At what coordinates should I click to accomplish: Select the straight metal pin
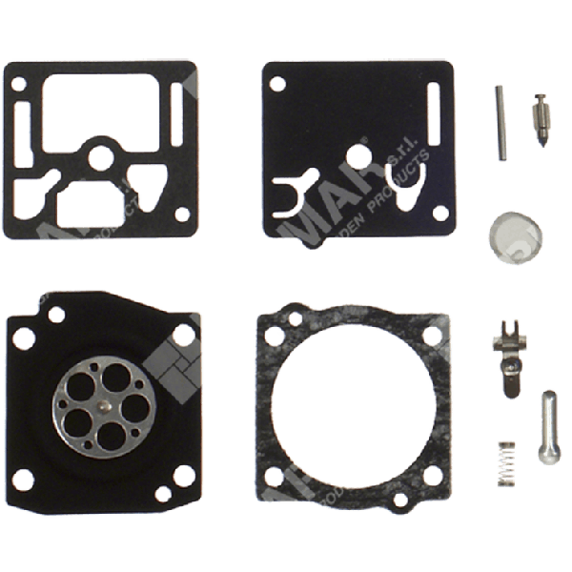(501, 120)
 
